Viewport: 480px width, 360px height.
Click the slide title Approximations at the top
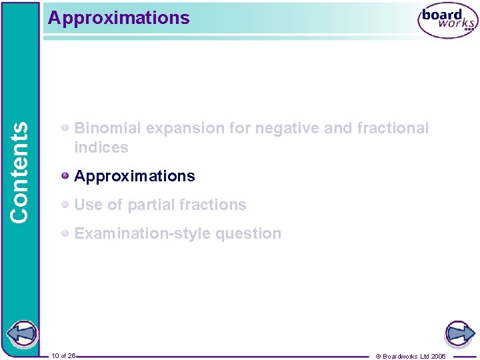tap(119, 18)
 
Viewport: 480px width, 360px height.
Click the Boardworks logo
tap(447, 21)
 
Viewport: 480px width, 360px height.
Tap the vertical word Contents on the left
tap(19, 171)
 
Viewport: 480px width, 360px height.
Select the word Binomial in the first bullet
tap(107, 128)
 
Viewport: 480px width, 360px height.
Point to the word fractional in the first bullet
tap(393, 128)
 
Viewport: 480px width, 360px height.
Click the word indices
tap(101, 147)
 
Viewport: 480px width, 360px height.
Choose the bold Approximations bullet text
tap(135, 176)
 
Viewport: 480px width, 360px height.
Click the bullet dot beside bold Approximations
tap(65, 176)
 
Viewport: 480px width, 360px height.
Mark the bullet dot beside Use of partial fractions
tap(65, 205)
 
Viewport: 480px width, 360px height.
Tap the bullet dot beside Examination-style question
tap(65, 233)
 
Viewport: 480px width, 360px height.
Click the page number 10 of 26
tap(63, 355)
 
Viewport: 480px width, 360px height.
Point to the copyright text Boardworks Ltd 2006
tap(414, 356)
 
